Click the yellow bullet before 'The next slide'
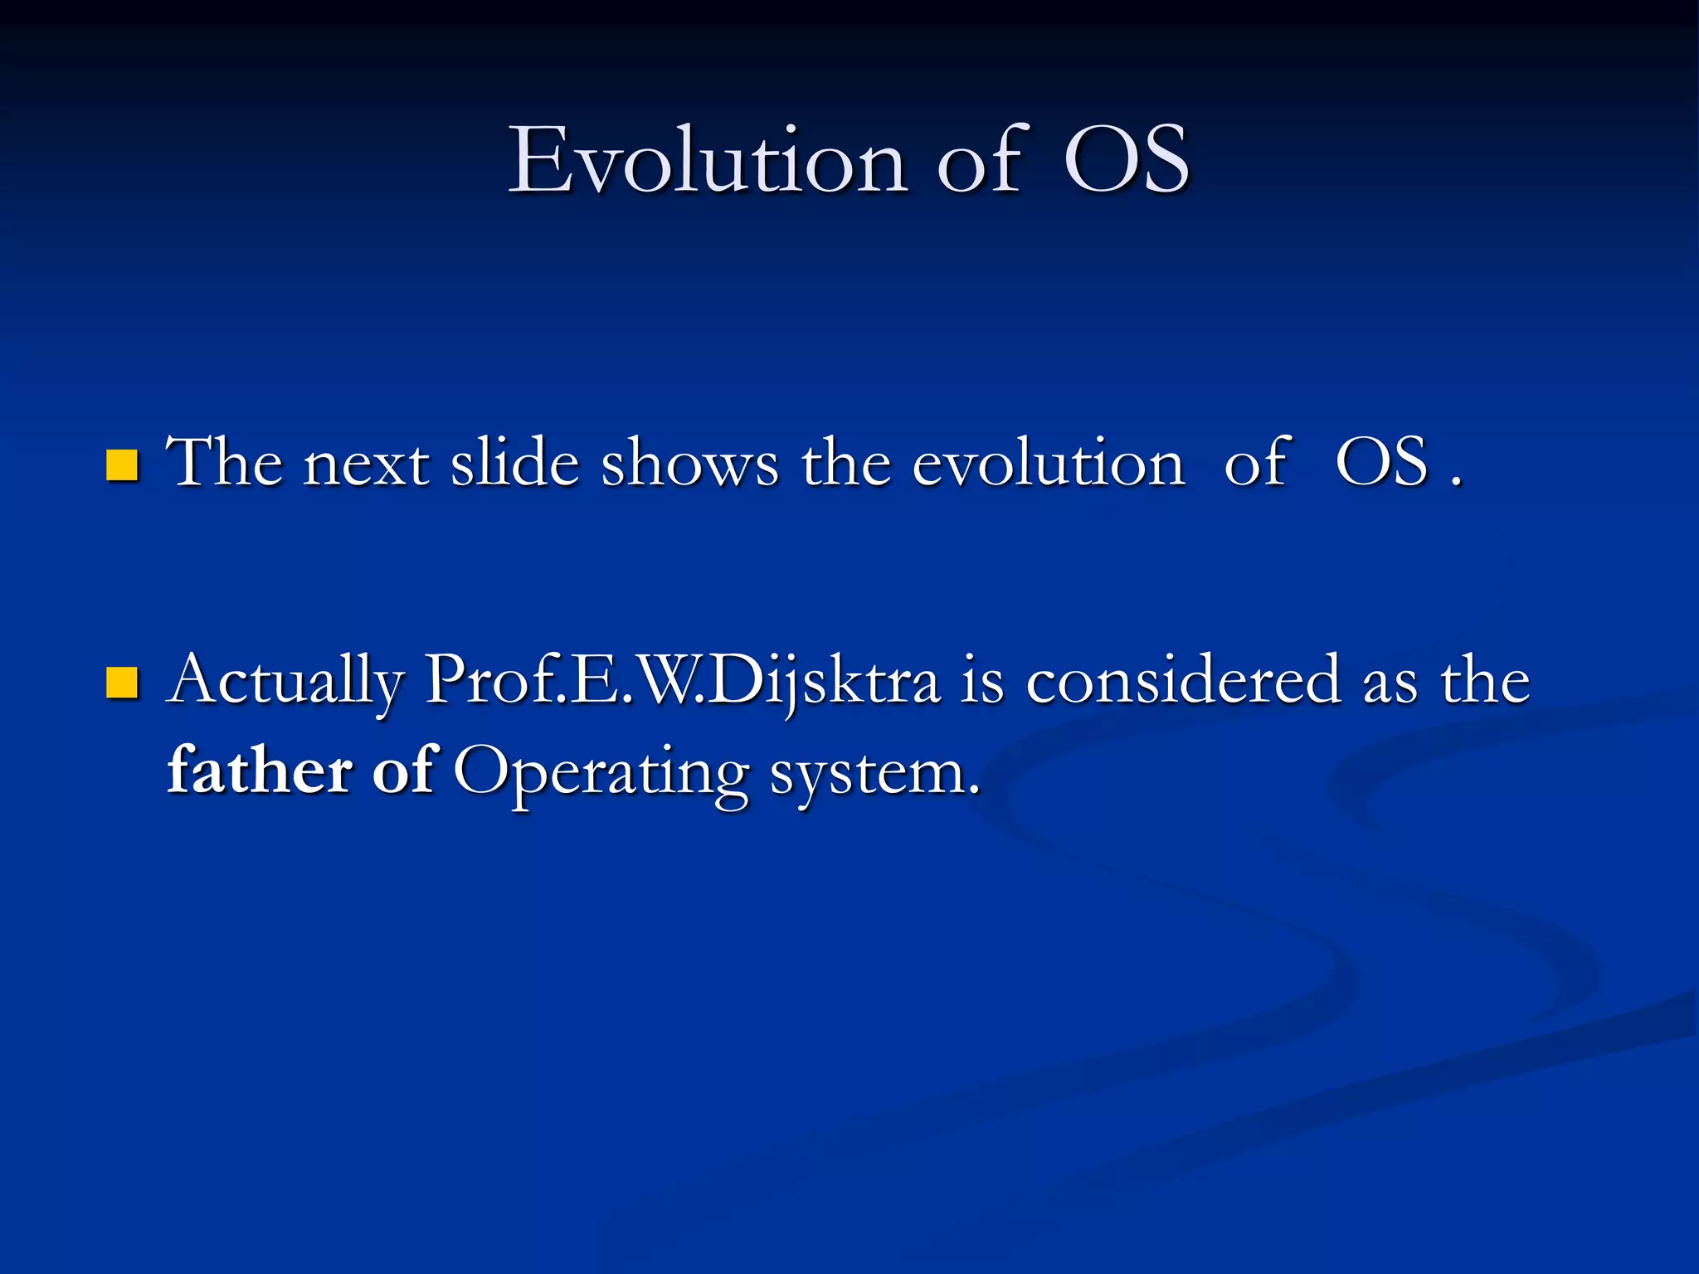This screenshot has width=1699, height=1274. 122,465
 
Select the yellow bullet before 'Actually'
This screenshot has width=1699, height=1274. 122,683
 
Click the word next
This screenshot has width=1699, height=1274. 366,464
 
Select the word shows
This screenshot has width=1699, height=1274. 689,464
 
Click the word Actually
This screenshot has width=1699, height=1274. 285,682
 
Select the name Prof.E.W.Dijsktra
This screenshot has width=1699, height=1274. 682,682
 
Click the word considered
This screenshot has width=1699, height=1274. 1183,682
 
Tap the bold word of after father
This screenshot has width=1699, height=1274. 403,770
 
